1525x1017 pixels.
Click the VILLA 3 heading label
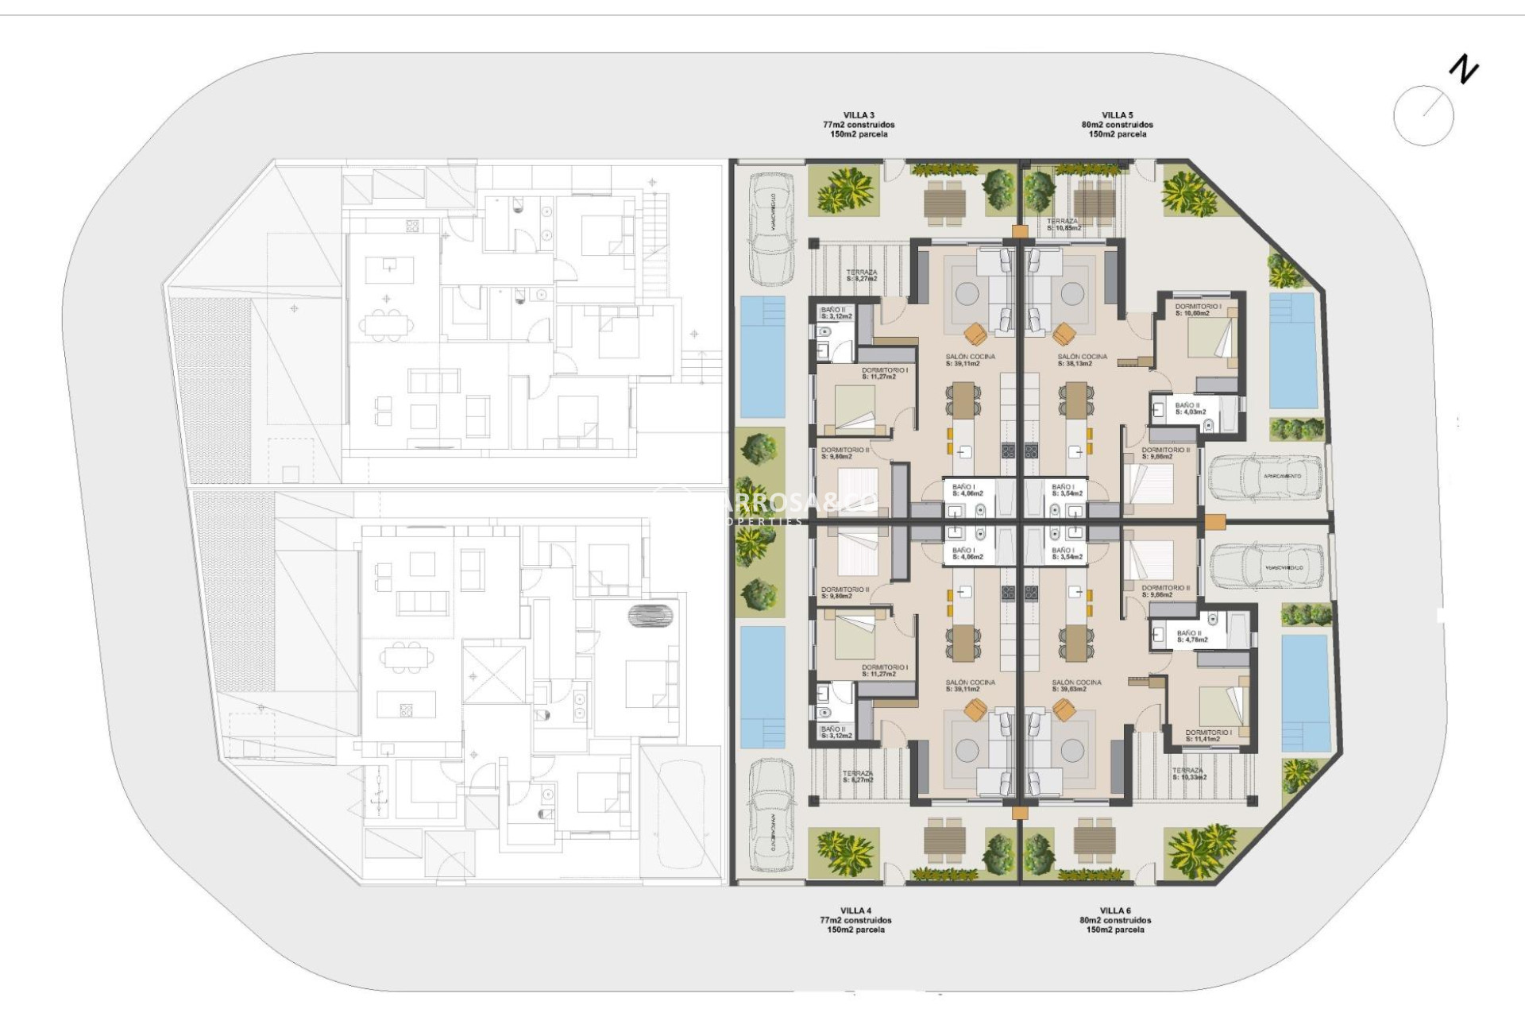pyautogui.click(x=859, y=116)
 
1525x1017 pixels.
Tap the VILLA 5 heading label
pyautogui.click(x=1117, y=116)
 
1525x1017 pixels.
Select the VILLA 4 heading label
pyautogui.click(x=855, y=911)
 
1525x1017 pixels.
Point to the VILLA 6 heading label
pyautogui.click(x=1115, y=911)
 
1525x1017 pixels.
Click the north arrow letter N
pyautogui.click(x=1463, y=70)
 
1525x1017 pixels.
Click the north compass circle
pyautogui.click(x=1423, y=116)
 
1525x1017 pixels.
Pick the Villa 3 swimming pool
pyautogui.click(x=762, y=357)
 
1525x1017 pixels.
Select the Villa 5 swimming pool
pyautogui.click(x=1293, y=350)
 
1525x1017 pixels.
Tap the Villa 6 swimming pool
pyautogui.click(x=1305, y=693)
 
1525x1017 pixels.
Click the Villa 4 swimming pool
pyautogui.click(x=762, y=687)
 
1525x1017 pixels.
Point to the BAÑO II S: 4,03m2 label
pyautogui.click(x=1191, y=409)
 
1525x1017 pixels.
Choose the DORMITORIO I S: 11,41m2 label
pyautogui.click(x=1208, y=736)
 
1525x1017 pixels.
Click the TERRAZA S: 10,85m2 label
pyautogui.click(x=1063, y=225)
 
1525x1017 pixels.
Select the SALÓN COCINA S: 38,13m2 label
pyautogui.click(x=1082, y=361)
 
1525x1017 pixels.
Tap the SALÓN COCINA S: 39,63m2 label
pyautogui.click(x=1076, y=686)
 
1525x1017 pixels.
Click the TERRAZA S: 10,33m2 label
pyautogui.click(x=1189, y=774)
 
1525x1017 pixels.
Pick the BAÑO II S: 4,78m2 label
pyautogui.click(x=1191, y=636)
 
